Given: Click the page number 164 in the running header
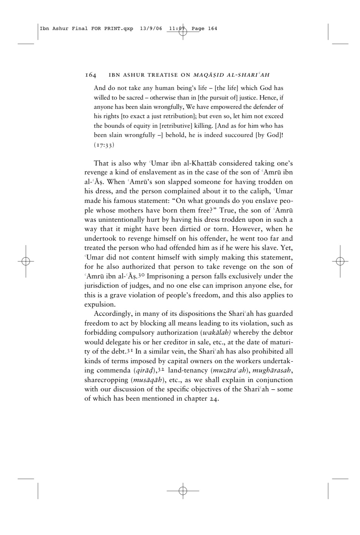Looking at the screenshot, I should (x=90, y=75).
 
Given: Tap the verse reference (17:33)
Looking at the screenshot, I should (x=104, y=145).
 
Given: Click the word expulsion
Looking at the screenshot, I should (x=100, y=305).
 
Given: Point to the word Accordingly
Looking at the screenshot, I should (x=112, y=314).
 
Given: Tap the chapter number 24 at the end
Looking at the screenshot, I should (x=214, y=399).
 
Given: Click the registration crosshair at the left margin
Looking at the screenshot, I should (x=26, y=261).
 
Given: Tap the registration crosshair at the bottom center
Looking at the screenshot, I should (x=183, y=491).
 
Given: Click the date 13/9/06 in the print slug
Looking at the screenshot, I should (x=151, y=29).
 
